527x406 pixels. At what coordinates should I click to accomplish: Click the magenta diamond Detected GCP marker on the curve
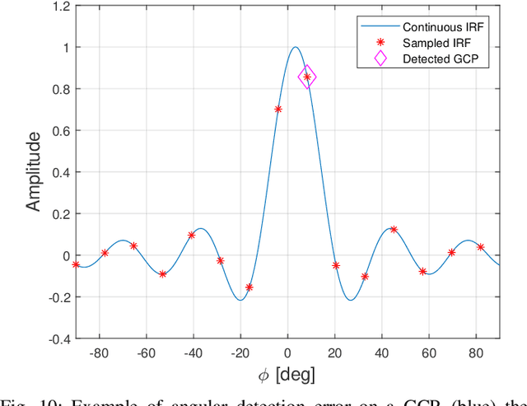pyautogui.click(x=307, y=77)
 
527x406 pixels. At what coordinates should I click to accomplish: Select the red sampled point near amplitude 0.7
pyautogui.click(x=278, y=109)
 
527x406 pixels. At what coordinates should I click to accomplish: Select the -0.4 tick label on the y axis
pyautogui.click(x=58, y=338)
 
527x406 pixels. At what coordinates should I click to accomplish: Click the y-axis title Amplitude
pyautogui.click(x=33, y=172)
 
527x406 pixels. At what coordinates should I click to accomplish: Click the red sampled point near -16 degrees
pyautogui.click(x=250, y=287)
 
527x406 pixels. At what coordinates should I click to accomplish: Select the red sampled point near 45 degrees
pyautogui.click(x=394, y=230)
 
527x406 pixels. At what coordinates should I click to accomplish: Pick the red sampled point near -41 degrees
pyautogui.click(x=192, y=235)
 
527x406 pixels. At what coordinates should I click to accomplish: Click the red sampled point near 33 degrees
pyautogui.click(x=365, y=277)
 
